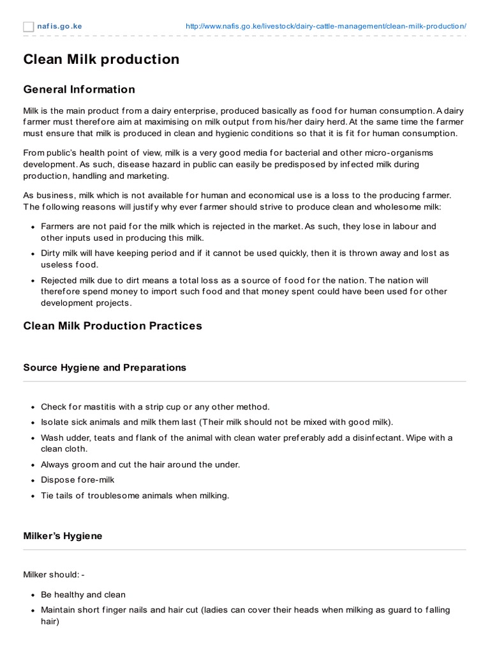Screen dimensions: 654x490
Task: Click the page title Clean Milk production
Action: pos(101,59)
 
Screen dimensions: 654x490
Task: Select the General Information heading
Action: pos(79,89)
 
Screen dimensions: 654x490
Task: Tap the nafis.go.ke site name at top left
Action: pos(59,26)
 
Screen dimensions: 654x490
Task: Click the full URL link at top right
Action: pos(325,26)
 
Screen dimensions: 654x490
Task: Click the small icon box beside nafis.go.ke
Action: pos(29,26)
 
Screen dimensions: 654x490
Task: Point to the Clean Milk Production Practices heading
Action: pos(112,326)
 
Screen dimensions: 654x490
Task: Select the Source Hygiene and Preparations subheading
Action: pos(105,368)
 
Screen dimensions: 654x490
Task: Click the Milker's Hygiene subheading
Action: pos(63,536)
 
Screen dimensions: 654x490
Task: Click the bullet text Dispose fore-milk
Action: pos(78,480)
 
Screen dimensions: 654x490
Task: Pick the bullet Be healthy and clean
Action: pos(83,595)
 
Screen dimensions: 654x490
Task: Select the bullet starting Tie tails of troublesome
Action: pos(135,496)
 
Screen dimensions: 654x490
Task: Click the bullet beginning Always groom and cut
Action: pos(140,465)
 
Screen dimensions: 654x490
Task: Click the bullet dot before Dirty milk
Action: pos(32,254)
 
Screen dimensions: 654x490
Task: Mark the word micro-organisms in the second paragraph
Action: pos(396,153)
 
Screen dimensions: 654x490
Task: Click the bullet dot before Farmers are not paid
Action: pos(32,227)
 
